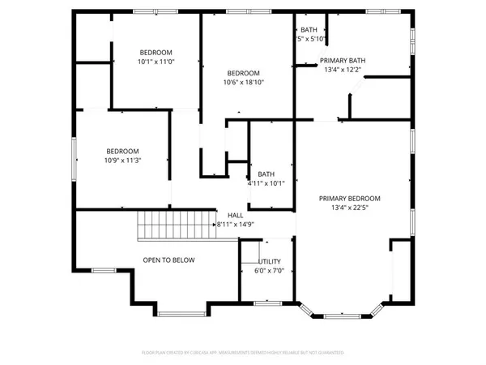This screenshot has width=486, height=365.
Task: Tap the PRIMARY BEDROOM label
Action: pyautogui.click(x=349, y=198)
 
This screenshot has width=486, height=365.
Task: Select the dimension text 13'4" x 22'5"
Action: pyautogui.click(x=349, y=208)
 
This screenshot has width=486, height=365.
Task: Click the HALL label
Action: pyautogui.click(x=236, y=215)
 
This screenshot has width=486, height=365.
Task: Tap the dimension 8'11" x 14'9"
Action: pyautogui.click(x=236, y=224)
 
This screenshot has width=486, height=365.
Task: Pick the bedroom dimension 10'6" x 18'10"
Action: pyautogui.click(x=245, y=81)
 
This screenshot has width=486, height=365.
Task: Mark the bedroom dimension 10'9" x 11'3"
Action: pyautogui.click(x=123, y=160)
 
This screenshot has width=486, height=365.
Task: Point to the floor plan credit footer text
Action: pyautogui.click(x=243, y=353)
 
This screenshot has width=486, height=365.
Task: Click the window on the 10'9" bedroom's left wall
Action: pyautogui.click(x=75, y=153)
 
